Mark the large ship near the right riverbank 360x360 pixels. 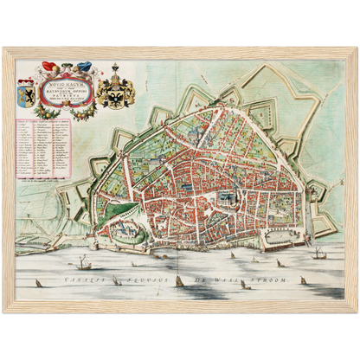(x=319, y=253)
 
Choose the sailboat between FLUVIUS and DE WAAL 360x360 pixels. (x=178, y=280)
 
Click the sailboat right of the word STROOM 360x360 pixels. (x=302, y=280)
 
